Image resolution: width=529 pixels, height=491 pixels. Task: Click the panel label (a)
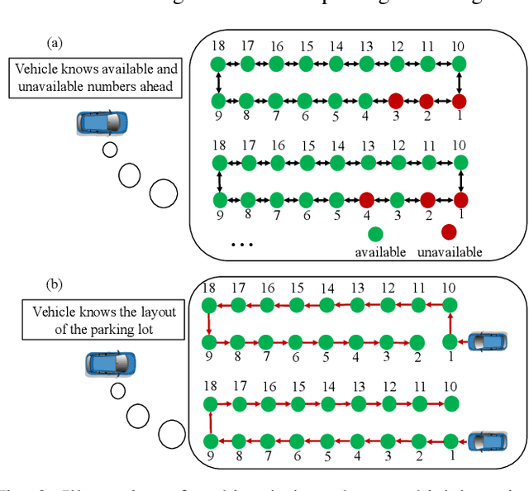click(55, 41)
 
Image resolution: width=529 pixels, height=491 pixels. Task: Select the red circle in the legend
click(449, 231)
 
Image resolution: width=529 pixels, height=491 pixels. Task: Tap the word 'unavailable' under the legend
click(449, 251)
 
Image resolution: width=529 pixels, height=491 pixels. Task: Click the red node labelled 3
click(396, 101)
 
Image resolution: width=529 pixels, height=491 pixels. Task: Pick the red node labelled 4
click(366, 200)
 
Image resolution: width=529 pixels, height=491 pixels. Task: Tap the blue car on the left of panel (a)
click(103, 122)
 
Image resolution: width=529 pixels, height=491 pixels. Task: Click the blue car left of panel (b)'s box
click(110, 363)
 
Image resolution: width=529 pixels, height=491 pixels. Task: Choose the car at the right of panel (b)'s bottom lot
click(487, 440)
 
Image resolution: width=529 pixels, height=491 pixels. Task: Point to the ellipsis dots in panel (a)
click(241, 245)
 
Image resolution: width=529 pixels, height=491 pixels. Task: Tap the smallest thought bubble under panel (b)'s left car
click(117, 390)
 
